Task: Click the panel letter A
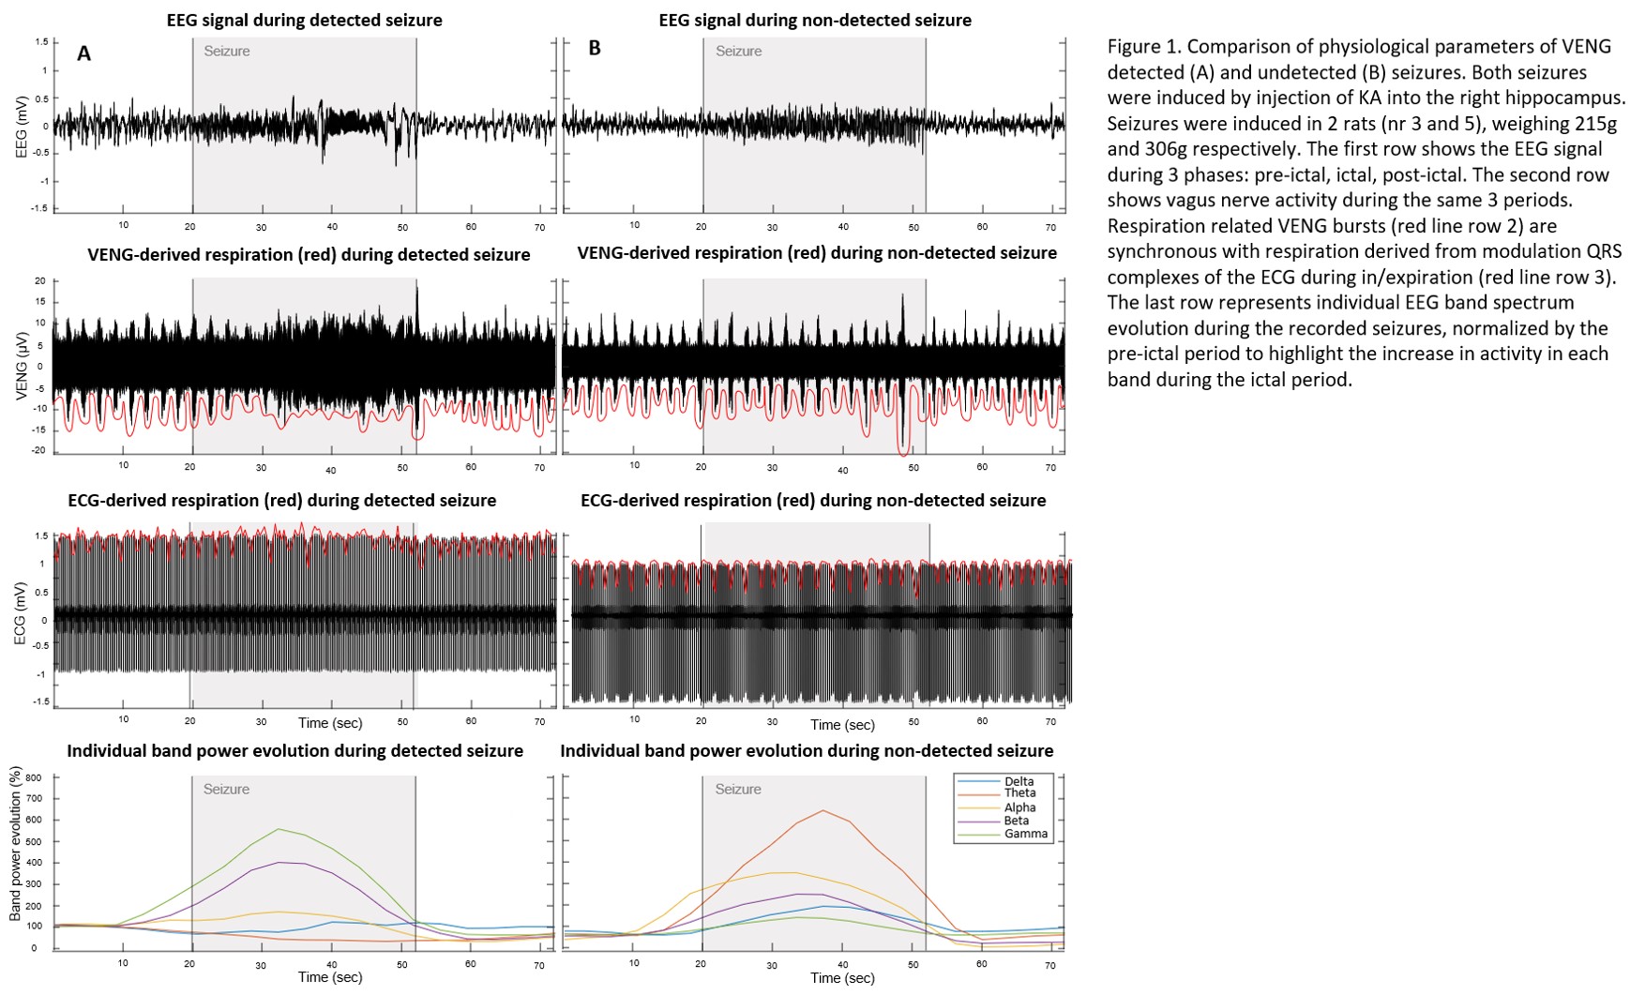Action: coord(83,53)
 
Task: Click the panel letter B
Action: coord(595,48)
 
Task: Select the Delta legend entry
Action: coord(1019,781)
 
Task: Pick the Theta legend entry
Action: coord(1019,793)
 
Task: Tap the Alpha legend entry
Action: coord(1019,807)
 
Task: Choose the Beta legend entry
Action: coord(1016,821)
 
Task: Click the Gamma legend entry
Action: coord(1025,834)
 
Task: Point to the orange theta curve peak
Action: coord(822,810)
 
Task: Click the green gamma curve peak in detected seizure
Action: coord(279,829)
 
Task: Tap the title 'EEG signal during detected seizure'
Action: coord(304,20)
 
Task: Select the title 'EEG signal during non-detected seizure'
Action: coord(815,20)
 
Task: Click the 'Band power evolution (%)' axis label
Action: coord(16,843)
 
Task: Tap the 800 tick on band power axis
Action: coord(33,777)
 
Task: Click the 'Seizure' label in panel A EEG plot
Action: coord(227,52)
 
